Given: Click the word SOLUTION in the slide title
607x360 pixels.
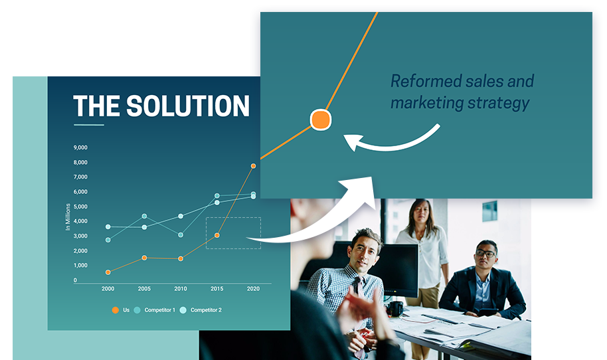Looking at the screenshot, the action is point(188,106).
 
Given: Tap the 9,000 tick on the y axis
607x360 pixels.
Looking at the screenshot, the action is point(80,147).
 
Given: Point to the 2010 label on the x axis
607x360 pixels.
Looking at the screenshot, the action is point(181,289).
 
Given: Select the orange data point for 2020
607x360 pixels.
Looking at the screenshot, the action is point(253,166).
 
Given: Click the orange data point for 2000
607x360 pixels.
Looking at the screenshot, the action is point(108,272).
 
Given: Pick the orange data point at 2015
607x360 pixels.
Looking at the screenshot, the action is point(217,235).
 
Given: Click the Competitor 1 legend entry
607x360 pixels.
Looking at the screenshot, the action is point(155,310).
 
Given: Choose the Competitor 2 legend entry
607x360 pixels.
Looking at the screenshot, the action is point(201,310).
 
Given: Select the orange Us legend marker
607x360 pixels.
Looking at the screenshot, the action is point(116,310).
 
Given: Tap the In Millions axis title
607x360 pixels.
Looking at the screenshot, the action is point(68,217).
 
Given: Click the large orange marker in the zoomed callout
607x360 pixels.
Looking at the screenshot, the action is point(321,120).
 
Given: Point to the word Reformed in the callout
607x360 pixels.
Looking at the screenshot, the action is point(426,82).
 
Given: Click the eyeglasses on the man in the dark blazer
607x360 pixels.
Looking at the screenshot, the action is point(485,254).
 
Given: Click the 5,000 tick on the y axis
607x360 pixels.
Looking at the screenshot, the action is point(80,207).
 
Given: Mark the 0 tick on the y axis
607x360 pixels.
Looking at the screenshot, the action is point(75,280).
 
